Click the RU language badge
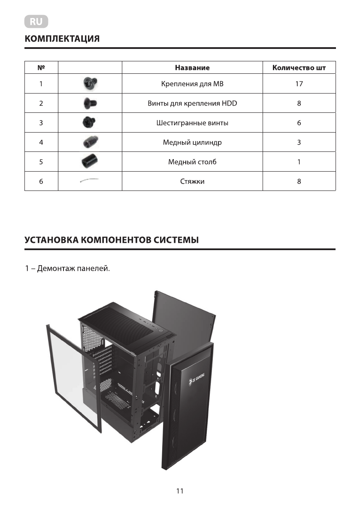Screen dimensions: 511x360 pyautogui.click(x=36, y=21)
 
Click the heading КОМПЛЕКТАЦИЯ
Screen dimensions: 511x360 pyautogui.click(x=62, y=39)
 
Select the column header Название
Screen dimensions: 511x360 pyautogui.click(x=192, y=68)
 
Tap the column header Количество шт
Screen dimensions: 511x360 pyautogui.click(x=299, y=68)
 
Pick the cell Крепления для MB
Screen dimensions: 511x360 pyautogui.click(x=192, y=84)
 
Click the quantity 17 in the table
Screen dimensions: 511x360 pyautogui.click(x=299, y=84)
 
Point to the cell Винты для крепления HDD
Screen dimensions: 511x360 pyautogui.click(x=192, y=103)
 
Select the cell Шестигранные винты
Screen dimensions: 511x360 pyautogui.click(x=192, y=123)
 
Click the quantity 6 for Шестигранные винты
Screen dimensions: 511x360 pyautogui.click(x=299, y=123)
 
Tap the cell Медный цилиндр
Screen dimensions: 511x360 pyautogui.click(x=192, y=142)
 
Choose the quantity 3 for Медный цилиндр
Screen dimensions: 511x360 pyautogui.click(x=299, y=142)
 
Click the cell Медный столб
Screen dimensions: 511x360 pyautogui.click(x=192, y=162)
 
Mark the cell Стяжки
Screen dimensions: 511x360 pyautogui.click(x=192, y=181)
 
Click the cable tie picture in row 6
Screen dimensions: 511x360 pyautogui.click(x=89, y=181)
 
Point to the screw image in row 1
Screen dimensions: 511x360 pyautogui.click(x=90, y=83)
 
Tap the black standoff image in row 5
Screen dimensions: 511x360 pyautogui.click(x=89, y=162)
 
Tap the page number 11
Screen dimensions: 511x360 pyautogui.click(x=180, y=491)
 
